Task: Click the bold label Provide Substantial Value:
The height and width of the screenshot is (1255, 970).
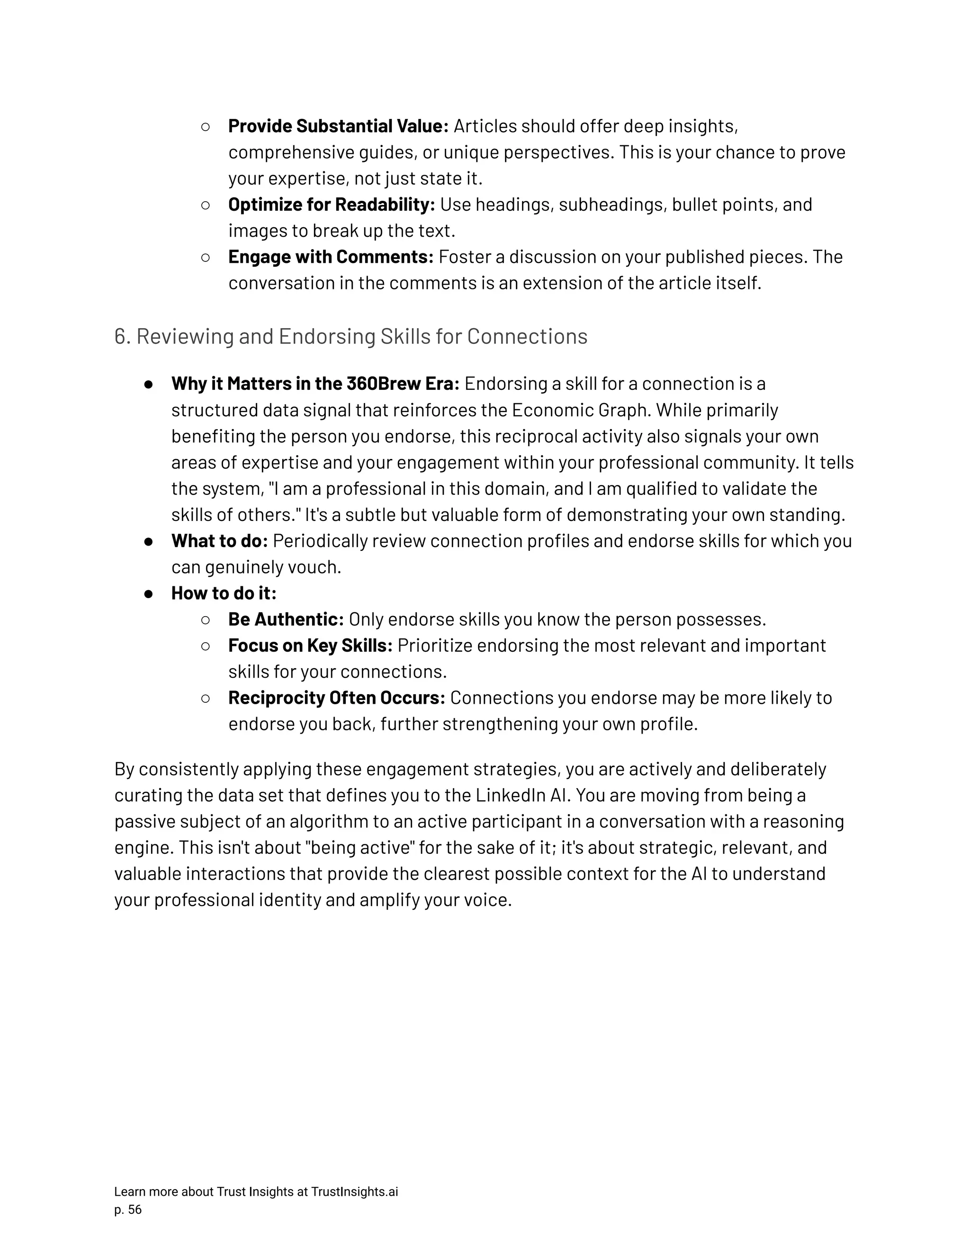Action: click(x=338, y=126)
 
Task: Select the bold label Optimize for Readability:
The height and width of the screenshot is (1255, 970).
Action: click(x=331, y=205)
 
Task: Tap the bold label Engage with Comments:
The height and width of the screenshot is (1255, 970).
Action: click(x=331, y=257)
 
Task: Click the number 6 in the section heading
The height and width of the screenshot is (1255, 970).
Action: click(x=119, y=337)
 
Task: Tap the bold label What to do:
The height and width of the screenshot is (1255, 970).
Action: click(x=219, y=541)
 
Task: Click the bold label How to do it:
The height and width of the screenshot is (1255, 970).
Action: click(x=224, y=593)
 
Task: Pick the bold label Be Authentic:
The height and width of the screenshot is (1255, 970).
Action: click(x=286, y=619)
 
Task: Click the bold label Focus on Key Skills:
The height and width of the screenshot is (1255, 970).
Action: click(x=310, y=646)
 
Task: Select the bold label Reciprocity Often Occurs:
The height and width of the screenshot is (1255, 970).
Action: click(x=336, y=698)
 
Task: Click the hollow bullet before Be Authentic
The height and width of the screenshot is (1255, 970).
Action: click(x=206, y=620)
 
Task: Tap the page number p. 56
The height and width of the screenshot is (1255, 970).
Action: click(x=127, y=1210)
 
